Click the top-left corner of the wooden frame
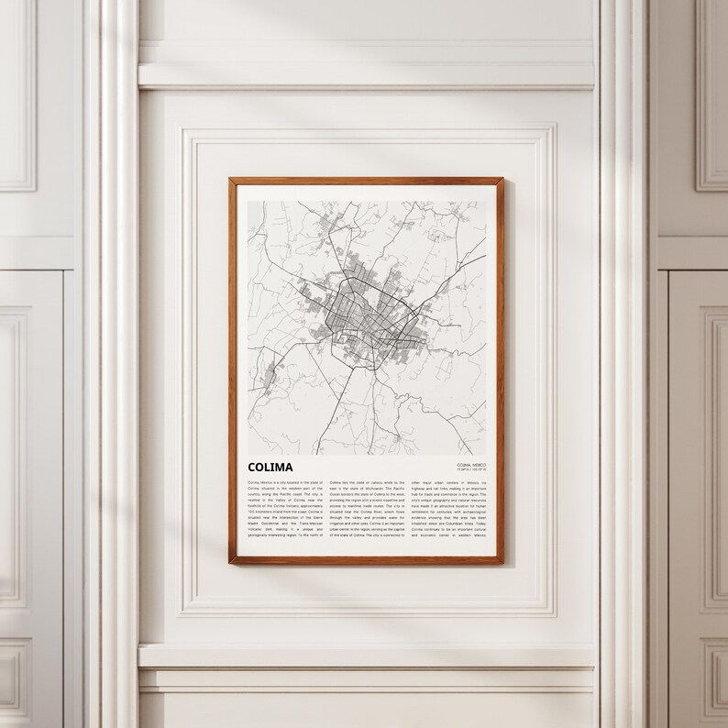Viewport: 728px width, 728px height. [x=231, y=181]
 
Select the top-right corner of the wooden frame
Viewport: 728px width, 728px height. [x=502, y=181]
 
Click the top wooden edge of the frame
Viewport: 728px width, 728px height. [x=367, y=180]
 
